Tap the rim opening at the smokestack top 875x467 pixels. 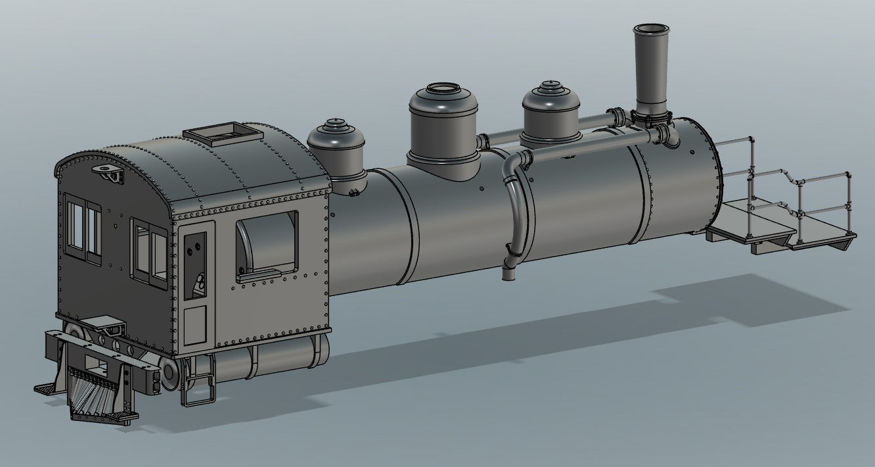652,29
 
